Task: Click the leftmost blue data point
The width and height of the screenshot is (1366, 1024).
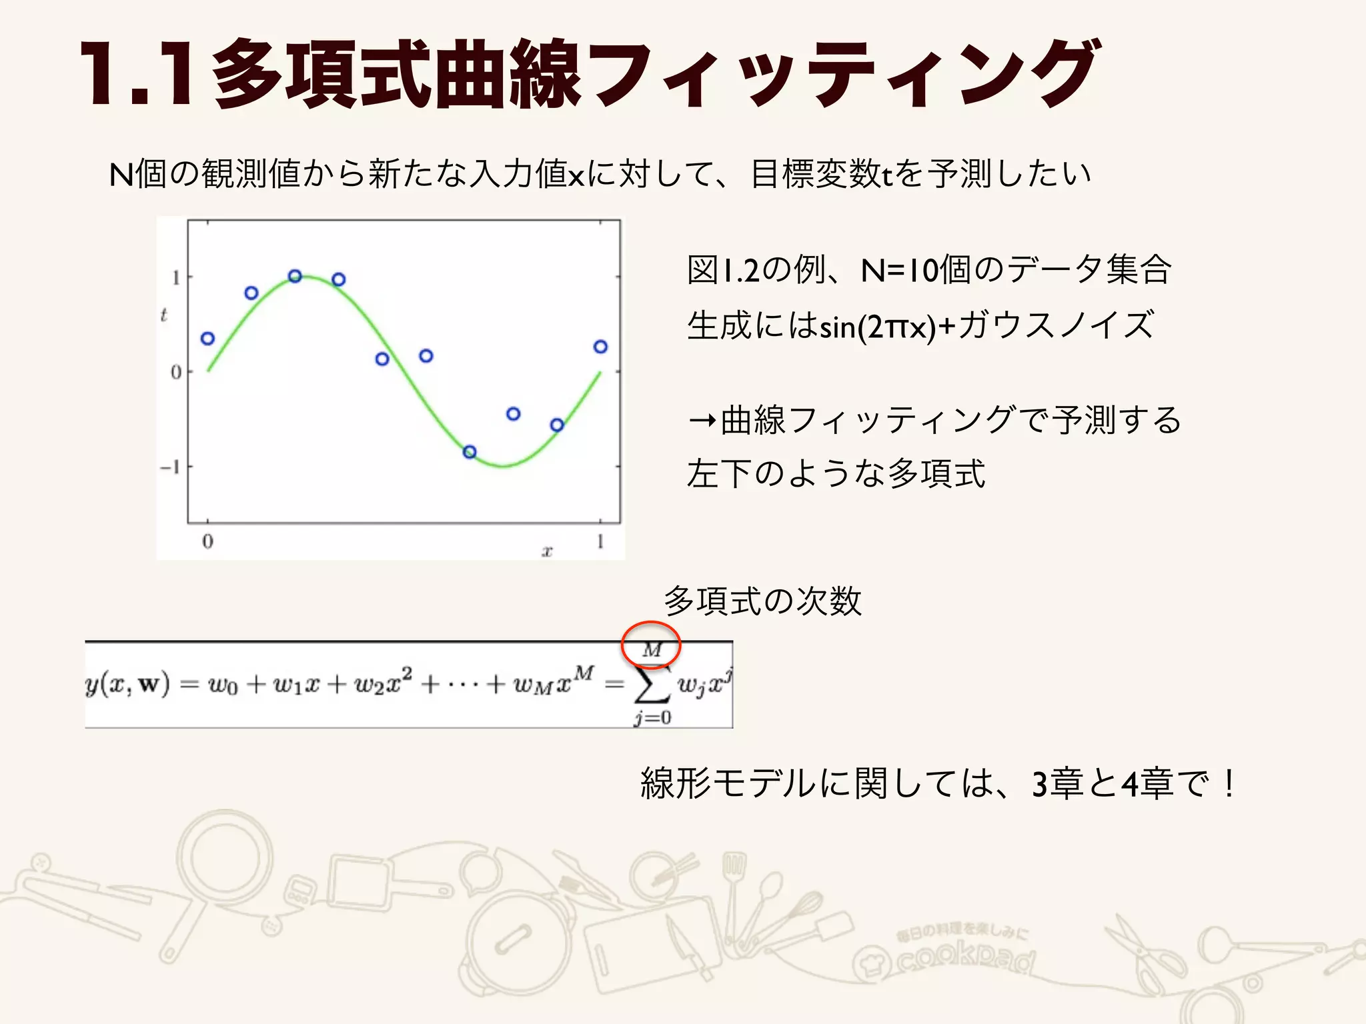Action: [207, 339]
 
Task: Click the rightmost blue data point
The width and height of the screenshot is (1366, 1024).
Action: [600, 347]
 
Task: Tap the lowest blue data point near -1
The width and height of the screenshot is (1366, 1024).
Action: [470, 452]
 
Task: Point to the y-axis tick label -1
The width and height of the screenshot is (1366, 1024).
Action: [170, 467]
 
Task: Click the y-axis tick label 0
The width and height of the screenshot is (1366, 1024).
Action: [175, 372]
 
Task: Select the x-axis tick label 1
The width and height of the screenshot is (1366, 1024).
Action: [600, 541]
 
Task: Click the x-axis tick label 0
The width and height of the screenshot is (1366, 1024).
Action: [207, 541]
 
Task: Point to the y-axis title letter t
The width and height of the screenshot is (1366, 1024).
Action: [163, 315]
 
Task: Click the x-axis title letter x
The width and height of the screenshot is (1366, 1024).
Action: [547, 551]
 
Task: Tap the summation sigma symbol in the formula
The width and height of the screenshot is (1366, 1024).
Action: [652, 685]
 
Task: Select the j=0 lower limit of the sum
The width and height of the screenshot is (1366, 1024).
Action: [652, 718]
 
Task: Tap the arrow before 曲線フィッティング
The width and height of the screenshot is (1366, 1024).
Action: [703, 421]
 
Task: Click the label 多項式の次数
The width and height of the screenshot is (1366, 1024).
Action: [762, 601]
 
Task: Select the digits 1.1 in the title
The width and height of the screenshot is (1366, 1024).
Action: [137, 73]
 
